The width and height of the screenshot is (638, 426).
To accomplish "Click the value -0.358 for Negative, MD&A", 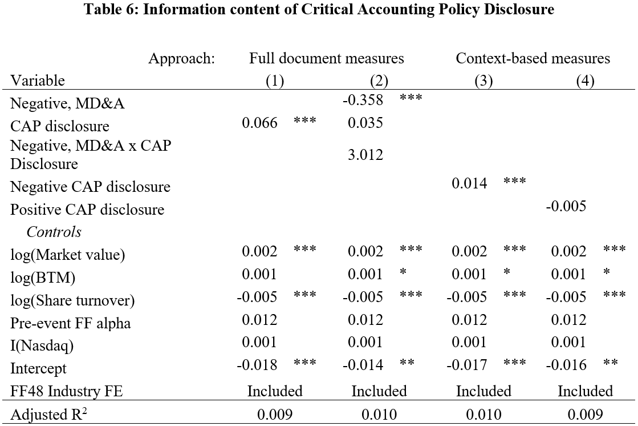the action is [x=363, y=100].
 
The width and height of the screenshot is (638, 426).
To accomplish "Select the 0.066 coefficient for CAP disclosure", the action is [x=259, y=123].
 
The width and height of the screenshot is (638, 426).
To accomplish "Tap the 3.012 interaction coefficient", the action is [x=365, y=155].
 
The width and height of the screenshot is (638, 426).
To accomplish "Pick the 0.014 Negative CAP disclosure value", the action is [x=469, y=183].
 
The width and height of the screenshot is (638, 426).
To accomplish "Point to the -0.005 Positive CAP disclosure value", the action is [x=566, y=206].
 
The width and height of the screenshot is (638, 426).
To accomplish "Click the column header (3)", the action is [x=484, y=81].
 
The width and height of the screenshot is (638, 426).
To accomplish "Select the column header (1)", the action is [x=275, y=81].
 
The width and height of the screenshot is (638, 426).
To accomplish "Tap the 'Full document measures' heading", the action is [x=326, y=58].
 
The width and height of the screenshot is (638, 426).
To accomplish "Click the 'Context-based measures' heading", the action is [x=533, y=58].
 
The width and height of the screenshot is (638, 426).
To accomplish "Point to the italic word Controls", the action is [x=54, y=232].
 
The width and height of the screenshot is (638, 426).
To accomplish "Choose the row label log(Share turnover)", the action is [x=72, y=300].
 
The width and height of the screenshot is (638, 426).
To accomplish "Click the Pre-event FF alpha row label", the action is [x=70, y=323].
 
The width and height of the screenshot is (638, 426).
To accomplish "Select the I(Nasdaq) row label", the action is [x=42, y=345].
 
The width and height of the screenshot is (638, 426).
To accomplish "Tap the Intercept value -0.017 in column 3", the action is [x=466, y=364].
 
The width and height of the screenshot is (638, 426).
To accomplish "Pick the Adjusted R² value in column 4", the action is [x=585, y=415].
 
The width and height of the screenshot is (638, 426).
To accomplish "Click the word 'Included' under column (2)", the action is [x=379, y=391].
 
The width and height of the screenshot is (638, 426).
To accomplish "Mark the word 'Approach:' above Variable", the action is [x=181, y=59].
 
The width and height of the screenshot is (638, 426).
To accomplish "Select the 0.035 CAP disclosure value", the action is [x=365, y=123].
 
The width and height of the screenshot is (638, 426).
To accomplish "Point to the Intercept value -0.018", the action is [x=257, y=364].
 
